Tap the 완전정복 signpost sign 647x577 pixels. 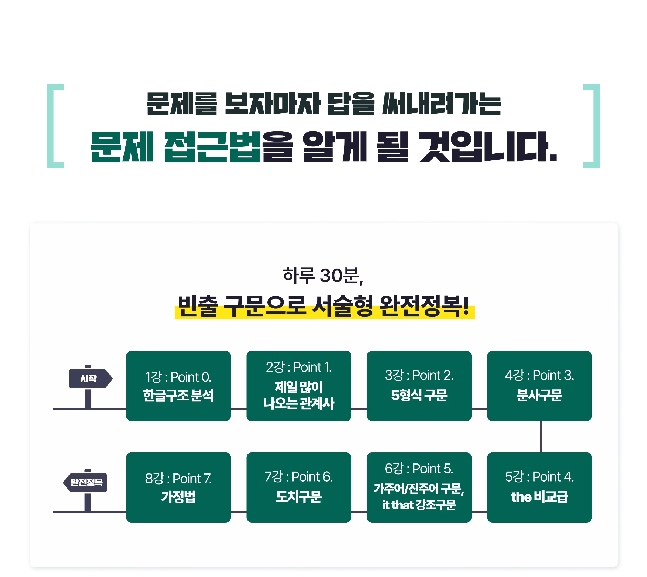[x=85, y=483]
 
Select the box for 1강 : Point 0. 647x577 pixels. [x=178, y=386]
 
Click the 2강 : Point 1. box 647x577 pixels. [x=299, y=386]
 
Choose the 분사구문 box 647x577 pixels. [x=539, y=386]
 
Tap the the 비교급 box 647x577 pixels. [x=539, y=487]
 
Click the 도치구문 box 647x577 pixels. [x=299, y=487]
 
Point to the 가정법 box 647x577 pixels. [x=178, y=487]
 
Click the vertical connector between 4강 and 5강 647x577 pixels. [x=541, y=437]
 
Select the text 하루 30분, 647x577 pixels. [x=323, y=275]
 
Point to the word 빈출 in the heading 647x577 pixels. [x=198, y=306]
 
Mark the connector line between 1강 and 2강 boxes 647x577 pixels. [x=238, y=409]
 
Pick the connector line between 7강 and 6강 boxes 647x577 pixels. [x=359, y=512]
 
